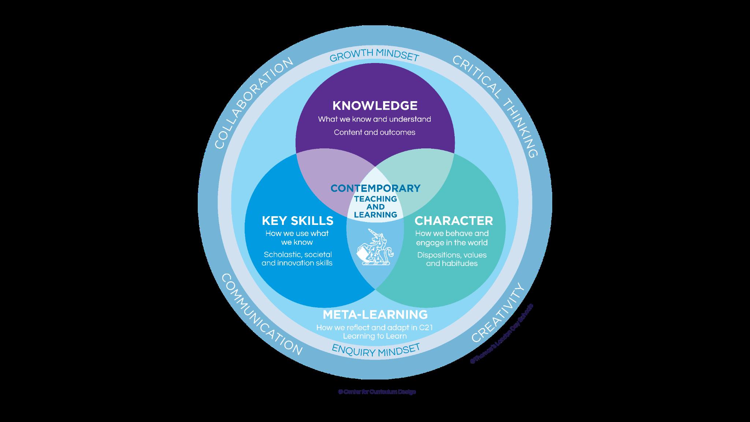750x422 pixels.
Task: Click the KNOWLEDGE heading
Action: click(375, 105)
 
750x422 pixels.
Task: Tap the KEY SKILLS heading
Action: click(297, 221)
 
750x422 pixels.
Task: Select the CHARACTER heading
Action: click(453, 221)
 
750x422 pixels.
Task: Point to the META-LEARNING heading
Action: click(375, 314)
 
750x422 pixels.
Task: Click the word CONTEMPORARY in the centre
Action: click(375, 188)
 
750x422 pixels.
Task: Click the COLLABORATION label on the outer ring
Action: click(253, 103)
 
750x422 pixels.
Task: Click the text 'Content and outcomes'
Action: click(374, 132)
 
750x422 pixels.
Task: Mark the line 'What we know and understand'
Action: click(374, 119)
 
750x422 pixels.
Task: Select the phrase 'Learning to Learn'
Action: click(375, 336)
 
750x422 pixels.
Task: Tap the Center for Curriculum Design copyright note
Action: click(377, 392)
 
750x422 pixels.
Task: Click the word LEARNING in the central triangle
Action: click(375, 215)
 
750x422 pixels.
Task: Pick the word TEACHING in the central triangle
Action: click(375, 199)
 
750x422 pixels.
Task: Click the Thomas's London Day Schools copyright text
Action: click(502, 333)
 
